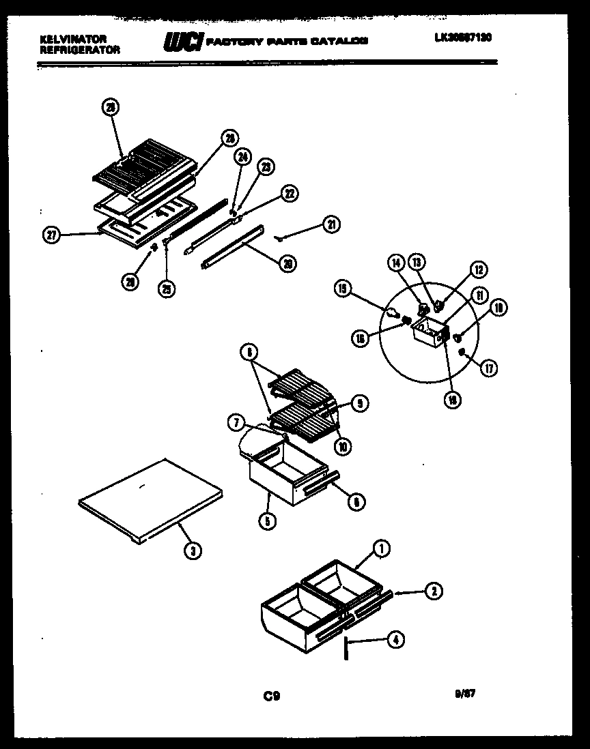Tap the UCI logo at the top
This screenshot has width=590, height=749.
click(x=182, y=42)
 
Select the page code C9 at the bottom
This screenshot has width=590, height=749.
click(x=271, y=696)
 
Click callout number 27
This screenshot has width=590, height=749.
click(x=51, y=236)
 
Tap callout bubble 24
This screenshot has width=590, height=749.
click(x=242, y=157)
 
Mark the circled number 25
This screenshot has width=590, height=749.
click(x=166, y=289)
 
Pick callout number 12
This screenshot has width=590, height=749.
click(x=478, y=270)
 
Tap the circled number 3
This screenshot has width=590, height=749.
click(x=194, y=553)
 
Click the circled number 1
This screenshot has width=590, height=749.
click(x=381, y=548)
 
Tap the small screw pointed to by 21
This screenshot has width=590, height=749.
click(x=280, y=237)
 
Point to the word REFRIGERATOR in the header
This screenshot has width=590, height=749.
click(x=80, y=50)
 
